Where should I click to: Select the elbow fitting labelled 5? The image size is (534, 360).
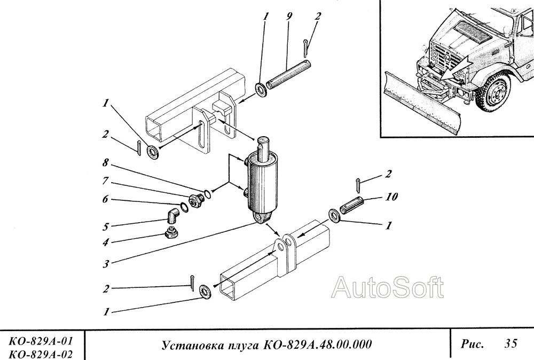coord(171,215)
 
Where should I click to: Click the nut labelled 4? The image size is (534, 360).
coord(170,232)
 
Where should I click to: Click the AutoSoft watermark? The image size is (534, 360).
coord(388,289)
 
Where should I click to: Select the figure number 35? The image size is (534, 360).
coord(510,344)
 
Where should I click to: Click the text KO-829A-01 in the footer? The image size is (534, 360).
coord(41,341)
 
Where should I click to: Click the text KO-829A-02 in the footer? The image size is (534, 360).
coord(41,353)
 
